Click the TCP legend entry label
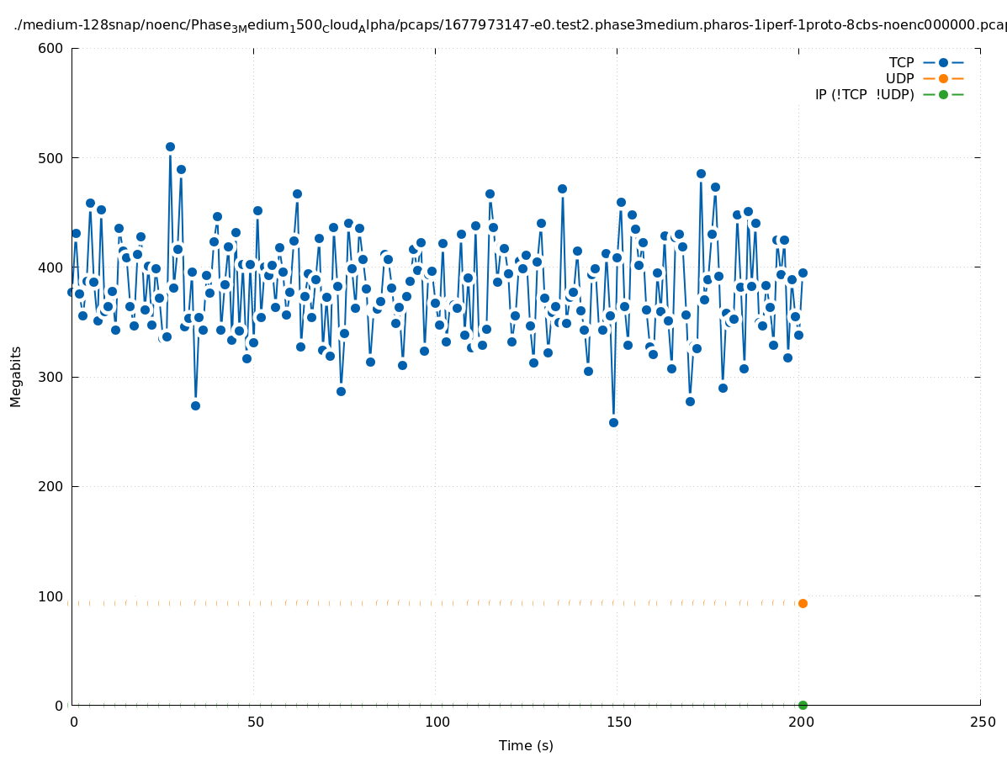(901, 63)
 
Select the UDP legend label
(899, 79)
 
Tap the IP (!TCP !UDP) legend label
(864, 95)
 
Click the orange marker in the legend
(943, 79)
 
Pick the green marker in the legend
(943, 95)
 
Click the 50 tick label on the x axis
(255, 723)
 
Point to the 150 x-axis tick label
(617, 723)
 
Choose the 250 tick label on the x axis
(981, 723)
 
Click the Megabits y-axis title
(16, 376)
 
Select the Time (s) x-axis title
(526, 746)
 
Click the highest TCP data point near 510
(170, 147)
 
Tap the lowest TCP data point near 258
(613, 422)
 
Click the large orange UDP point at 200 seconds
(803, 603)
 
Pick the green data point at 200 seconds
(803, 705)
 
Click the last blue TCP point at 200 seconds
(803, 273)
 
